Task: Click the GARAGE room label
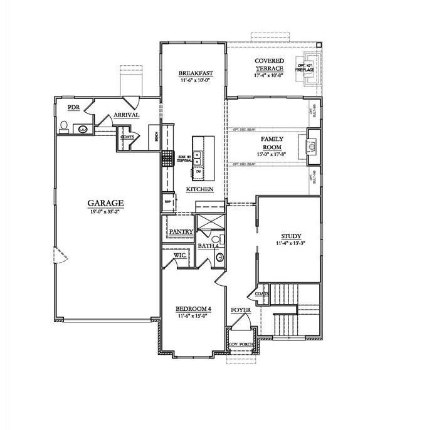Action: click(x=105, y=203)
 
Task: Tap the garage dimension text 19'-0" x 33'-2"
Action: click(x=105, y=212)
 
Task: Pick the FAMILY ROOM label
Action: click(x=272, y=143)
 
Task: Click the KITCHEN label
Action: click(x=200, y=189)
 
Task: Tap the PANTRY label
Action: click(x=181, y=232)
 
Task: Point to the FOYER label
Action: click(x=241, y=310)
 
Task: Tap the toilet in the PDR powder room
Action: click(x=63, y=127)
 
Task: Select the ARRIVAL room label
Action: click(x=126, y=115)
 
